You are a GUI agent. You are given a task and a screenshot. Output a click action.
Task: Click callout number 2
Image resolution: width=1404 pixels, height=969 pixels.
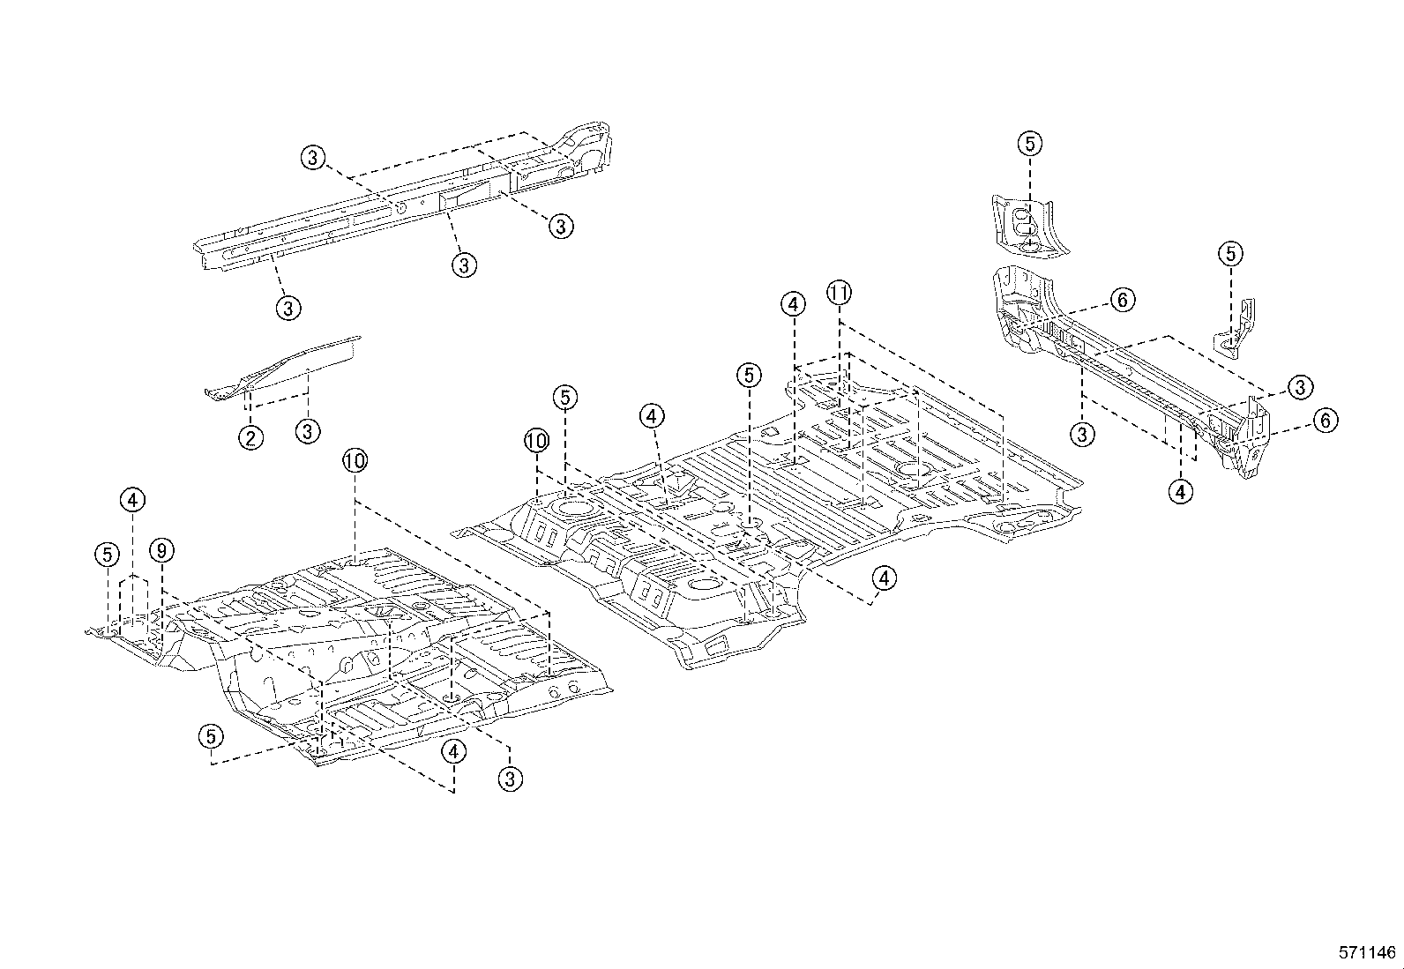251,437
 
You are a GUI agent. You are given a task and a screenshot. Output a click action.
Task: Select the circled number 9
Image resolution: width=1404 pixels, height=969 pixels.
161,551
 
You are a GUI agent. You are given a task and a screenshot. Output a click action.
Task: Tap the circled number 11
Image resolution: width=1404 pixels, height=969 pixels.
839,292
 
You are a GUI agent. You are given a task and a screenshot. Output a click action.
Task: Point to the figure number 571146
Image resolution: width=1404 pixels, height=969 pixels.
1367,952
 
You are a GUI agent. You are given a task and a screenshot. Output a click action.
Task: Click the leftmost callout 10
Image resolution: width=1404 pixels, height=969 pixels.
355,461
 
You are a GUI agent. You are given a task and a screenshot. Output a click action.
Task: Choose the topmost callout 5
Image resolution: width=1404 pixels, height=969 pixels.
1030,143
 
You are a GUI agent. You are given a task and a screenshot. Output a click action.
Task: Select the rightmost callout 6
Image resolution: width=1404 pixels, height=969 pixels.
1326,421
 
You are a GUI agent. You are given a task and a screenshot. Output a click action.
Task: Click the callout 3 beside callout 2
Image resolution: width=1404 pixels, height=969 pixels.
308,432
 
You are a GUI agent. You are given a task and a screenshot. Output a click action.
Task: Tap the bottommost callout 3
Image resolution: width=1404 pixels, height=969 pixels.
511,778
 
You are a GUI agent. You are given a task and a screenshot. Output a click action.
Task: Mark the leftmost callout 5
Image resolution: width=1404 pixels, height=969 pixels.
107,555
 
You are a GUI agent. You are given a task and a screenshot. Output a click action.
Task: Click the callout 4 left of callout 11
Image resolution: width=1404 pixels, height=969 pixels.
793,305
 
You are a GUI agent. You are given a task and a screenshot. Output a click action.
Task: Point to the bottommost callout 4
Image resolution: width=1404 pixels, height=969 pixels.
454,751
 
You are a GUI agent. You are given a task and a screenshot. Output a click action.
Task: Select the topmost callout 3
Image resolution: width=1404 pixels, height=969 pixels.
312,158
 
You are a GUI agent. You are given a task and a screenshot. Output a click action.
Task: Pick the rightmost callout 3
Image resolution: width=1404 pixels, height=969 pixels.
1301,386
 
